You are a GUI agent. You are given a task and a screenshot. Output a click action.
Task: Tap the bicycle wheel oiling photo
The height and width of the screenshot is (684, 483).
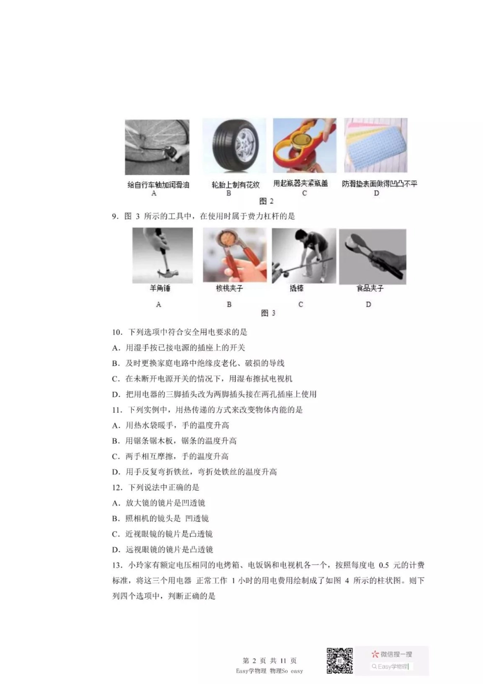point(157,147)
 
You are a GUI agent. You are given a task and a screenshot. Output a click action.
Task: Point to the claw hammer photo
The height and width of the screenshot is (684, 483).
point(162,255)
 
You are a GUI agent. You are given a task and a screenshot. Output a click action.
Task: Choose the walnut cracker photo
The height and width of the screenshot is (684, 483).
point(234,254)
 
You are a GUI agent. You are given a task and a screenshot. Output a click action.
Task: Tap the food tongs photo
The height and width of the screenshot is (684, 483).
point(372,256)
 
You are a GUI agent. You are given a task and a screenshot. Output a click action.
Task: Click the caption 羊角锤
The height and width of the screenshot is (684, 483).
point(160,289)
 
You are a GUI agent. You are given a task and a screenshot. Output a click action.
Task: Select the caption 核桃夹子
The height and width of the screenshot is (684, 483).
point(229,289)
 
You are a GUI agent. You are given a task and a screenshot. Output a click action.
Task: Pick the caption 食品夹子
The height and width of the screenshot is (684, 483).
point(370,289)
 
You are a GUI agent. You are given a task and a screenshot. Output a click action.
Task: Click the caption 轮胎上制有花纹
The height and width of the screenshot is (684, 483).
point(235,185)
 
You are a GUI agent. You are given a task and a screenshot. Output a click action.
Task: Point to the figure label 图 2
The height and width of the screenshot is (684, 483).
point(266,201)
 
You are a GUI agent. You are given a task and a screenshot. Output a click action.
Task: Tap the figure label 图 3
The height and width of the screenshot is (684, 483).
point(268,313)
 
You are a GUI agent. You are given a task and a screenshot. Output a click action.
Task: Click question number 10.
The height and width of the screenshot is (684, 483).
point(117,332)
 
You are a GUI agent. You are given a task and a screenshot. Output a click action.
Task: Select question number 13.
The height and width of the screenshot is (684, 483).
point(117,565)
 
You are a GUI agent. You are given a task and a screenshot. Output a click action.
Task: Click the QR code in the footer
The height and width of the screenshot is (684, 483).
point(339,661)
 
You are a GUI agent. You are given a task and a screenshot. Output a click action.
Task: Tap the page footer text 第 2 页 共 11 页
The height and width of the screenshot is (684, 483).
point(269,661)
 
